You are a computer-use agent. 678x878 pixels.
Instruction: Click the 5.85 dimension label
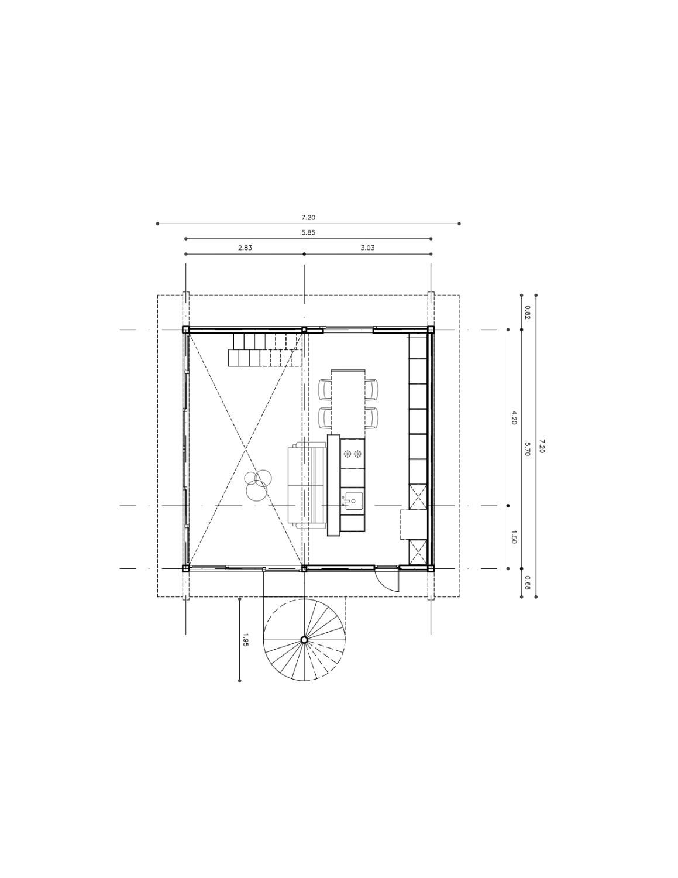pyautogui.click(x=308, y=232)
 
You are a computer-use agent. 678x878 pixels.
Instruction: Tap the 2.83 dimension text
pyautogui.click(x=245, y=248)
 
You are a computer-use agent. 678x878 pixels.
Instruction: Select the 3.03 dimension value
pyautogui.click(x=367, y=248)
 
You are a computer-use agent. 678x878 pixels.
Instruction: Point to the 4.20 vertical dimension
pyautogui.click(x=514, y=417)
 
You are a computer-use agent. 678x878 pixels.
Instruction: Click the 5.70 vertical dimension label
pyautogui.click(x=527, y=449)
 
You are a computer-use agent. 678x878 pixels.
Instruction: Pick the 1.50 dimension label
pyautogui.click(x=514, y=537)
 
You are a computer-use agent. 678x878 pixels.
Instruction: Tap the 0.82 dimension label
pyautogui.click(x=527, y=313)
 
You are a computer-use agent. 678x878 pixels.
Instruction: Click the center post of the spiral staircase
pyautogui.click(x=304, y=639)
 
